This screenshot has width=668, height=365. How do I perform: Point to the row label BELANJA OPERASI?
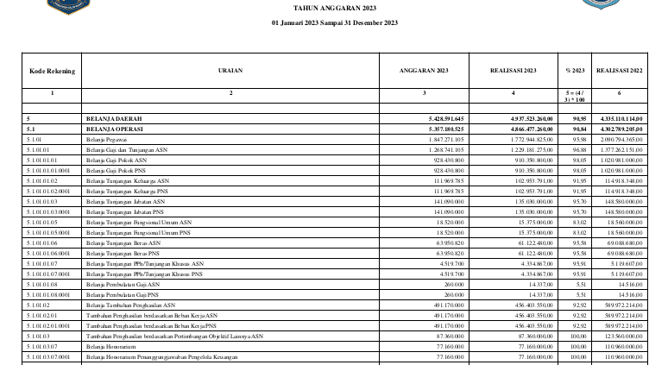(114, 128)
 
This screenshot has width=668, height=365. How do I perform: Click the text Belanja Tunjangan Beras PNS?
(122, 253)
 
